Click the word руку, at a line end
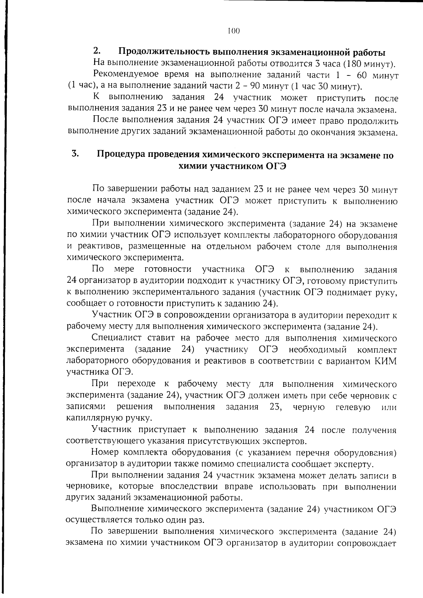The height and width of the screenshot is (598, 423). click(387, 292)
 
